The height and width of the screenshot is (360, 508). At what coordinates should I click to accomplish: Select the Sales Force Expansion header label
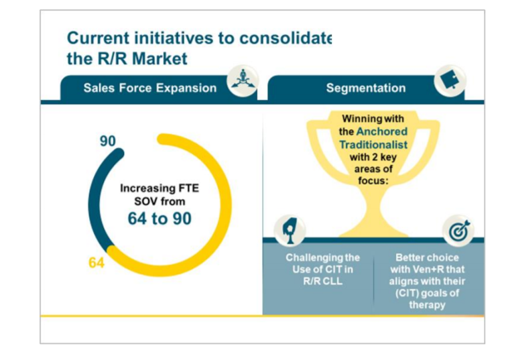point(149,88)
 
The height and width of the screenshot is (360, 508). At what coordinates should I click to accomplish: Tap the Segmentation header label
point(365,88)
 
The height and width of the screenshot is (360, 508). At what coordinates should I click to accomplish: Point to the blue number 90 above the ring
point(107,141)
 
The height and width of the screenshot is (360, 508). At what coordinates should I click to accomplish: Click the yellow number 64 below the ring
point(97,263)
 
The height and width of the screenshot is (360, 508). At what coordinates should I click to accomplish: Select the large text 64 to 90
point(160,219)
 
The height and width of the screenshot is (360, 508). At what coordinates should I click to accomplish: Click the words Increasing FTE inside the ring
point(160,188)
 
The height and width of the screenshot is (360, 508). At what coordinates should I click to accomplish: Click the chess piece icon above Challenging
point(290,229)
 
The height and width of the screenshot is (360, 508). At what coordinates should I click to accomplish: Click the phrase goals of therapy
point(426,299)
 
